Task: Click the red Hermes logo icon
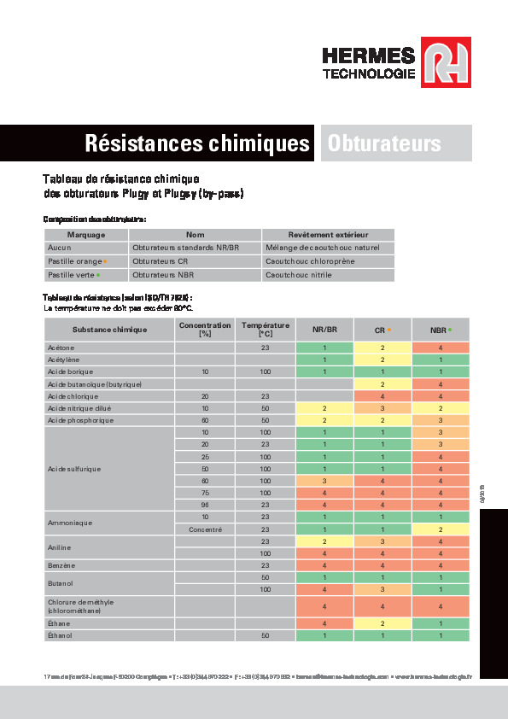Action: tap(447, 65)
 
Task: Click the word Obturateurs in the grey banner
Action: tap(384, 143)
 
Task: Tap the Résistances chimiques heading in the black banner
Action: tap(196, 143)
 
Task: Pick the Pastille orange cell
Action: tap(76, 261)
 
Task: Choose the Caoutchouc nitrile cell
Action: tap(298, 275)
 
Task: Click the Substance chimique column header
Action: tap(85, 329)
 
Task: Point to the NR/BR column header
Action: tap(324, 329)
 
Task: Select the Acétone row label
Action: tap(61, 348)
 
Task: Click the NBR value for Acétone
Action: tap(441, 348)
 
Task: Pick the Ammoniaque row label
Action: tap(70, 523)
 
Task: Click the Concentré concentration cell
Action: tap(205, 529)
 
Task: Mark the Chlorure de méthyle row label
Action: tap(81, 606)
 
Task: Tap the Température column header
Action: tap(265, 329)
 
